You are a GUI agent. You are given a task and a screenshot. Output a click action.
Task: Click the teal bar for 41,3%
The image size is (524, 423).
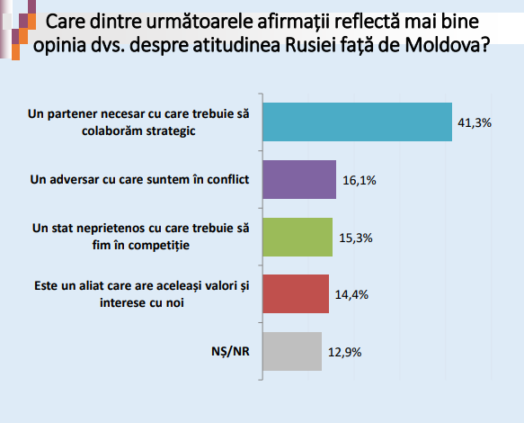[x=357, y=121]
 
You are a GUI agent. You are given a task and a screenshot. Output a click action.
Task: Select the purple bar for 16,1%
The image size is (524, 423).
[x=299, y=179]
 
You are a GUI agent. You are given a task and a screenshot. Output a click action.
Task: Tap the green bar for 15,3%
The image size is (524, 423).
[x=298, y=237]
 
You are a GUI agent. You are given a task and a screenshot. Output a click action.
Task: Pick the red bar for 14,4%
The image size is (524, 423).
[x=296, y=293]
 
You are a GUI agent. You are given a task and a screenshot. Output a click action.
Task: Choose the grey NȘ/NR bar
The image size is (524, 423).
[x=292, y=351]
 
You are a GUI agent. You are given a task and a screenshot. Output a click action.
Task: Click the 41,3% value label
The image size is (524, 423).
[x=475, y=122]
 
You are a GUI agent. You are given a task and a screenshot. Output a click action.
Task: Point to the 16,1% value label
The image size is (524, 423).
[x=360, y=180]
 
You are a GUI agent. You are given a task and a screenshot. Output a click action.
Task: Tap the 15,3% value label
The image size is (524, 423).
[x=356, y=238]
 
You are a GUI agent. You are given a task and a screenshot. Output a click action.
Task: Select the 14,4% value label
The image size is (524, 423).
[x=351, y=295]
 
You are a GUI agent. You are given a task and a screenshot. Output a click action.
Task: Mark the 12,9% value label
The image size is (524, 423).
[x=344, y=353]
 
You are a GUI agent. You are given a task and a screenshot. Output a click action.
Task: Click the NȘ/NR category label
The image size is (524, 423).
[x=230, y=351]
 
